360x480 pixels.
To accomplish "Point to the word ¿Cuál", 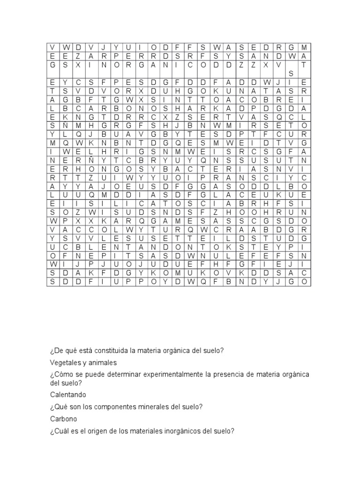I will [58, 431].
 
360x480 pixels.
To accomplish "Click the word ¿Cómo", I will [59, 375].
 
